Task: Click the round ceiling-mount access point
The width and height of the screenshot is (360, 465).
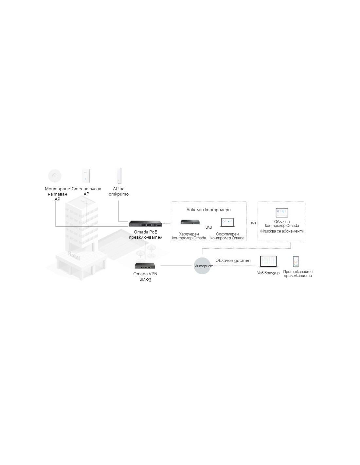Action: click(x=55, y=176)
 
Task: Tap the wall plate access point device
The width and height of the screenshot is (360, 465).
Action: click(x=86, y=176)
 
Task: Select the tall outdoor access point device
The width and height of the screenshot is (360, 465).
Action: click(x=119, y=176)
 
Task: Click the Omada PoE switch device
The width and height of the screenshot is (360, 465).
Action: click(x=145, y=223)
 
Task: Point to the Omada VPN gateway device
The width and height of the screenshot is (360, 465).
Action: click(x=145, y=266)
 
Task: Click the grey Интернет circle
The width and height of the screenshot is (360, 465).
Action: click(x=202, y=266)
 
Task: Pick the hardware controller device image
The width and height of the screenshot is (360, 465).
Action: click(x=190, y=222)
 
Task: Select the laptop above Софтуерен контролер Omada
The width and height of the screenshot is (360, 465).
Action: click(x=227, y=222)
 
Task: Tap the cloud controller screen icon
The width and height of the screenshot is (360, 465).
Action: click(x=281, y=213)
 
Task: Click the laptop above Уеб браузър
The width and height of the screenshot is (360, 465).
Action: click(x=268, y=262)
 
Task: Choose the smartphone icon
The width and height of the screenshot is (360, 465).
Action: click(x=296, y=262)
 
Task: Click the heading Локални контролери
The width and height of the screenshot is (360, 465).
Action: click(x=208, y=210)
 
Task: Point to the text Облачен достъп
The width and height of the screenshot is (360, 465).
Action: click(x=233, y=260)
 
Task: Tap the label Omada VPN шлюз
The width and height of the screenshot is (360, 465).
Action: click(x=145, y=276)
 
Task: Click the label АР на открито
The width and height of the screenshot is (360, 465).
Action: click(x=119, y=191)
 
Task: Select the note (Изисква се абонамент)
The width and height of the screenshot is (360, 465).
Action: click(x=282, y=231)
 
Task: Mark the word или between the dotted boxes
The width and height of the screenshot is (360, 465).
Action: click(x=253, y=223)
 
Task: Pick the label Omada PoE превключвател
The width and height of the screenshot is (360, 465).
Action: click(x=145, y=234)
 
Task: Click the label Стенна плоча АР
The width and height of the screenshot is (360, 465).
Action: click(x=86, y=191)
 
